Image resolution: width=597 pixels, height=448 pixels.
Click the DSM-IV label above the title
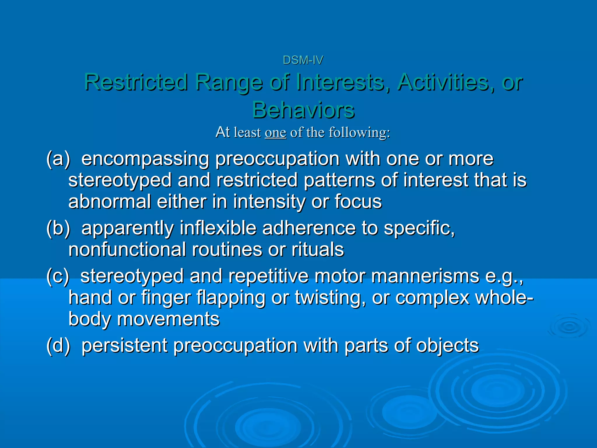coord(303,60)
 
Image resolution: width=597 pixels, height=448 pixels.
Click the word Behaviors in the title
coord(303,110)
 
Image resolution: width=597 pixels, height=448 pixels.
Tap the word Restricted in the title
coord(136,82)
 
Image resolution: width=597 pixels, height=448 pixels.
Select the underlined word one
coord(275,133)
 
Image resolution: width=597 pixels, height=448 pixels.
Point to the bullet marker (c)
coord(58,276)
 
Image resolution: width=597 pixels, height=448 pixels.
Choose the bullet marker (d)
coord(58,346)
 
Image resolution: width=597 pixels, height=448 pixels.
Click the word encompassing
coord(145,160)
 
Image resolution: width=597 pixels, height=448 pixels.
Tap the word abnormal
coord(109,202)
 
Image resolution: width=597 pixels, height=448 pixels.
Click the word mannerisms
coord(425,276)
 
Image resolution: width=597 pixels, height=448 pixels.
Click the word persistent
coord(124,346)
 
